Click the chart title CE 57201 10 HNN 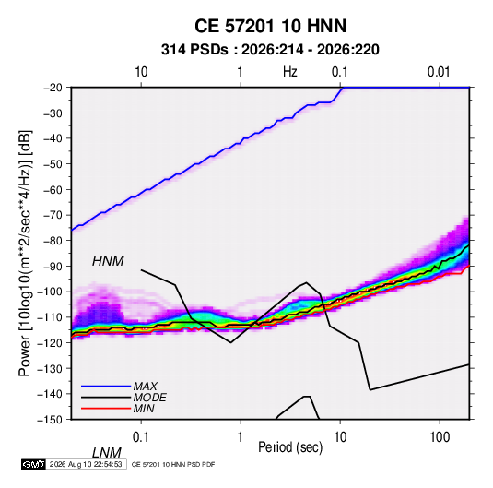(270, 26)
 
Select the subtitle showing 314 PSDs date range (270, 50)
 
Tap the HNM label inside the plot (108, 261)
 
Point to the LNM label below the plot (107, 453)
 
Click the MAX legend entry (145, 386)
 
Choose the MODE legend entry (149, 398)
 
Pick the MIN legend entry (144, 409)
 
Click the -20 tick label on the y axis (53, 88)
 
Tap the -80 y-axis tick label (53, 241)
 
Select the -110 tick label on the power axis (50, 317)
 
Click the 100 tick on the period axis (440, 437)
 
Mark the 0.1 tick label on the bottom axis (141, 437)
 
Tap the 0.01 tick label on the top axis (439, 72)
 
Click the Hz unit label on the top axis (290, 72)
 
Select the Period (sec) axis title (290, 447)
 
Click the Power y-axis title (25, 254)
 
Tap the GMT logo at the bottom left (34, 464)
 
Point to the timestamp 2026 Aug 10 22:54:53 (86, 464)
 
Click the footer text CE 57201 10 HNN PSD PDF (173, 465)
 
